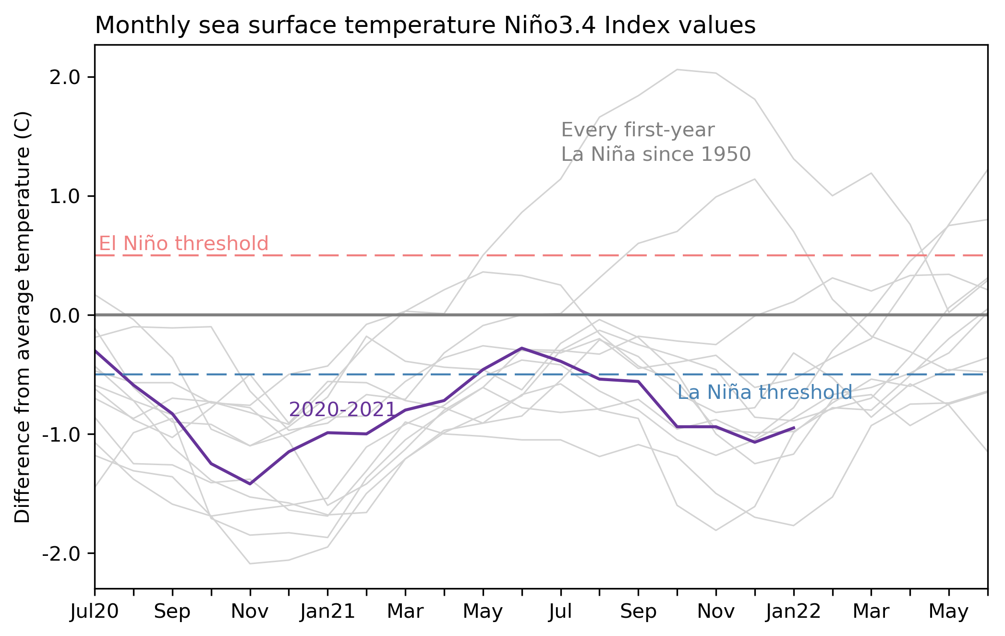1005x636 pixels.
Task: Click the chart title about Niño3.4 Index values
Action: [x=425, y=25]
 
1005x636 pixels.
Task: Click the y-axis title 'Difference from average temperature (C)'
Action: [x=23, y=317]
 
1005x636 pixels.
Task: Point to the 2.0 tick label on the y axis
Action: [x=64, y=78]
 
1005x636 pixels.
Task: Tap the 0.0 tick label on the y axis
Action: [x=64, y=316]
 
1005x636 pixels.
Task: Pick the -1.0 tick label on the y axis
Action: [x=61, y=435]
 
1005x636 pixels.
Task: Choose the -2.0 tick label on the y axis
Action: [x=61, y=554]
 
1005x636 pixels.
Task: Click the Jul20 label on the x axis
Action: [x=95, y=612]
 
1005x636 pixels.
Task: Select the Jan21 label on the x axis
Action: [x=327, y=612]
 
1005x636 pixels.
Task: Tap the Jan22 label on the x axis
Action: [x=794, y=612]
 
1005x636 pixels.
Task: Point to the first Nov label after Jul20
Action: [x=250, y=612]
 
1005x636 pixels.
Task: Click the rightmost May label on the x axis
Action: [x=948, y=612]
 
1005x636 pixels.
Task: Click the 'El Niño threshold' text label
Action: [x=183, y=244]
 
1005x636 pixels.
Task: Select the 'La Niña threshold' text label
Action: [x=764, y=393]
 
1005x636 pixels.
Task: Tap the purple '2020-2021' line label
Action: [x=342, y=409]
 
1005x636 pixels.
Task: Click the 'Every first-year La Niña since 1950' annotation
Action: [x=655, y=142]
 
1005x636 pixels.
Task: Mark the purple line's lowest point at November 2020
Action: [x=250, y=484]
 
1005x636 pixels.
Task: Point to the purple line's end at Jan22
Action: [x=794, y=428]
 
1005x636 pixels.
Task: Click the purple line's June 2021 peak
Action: [x=522, y=348]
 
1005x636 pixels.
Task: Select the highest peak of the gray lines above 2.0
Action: [x=678, y=70]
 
